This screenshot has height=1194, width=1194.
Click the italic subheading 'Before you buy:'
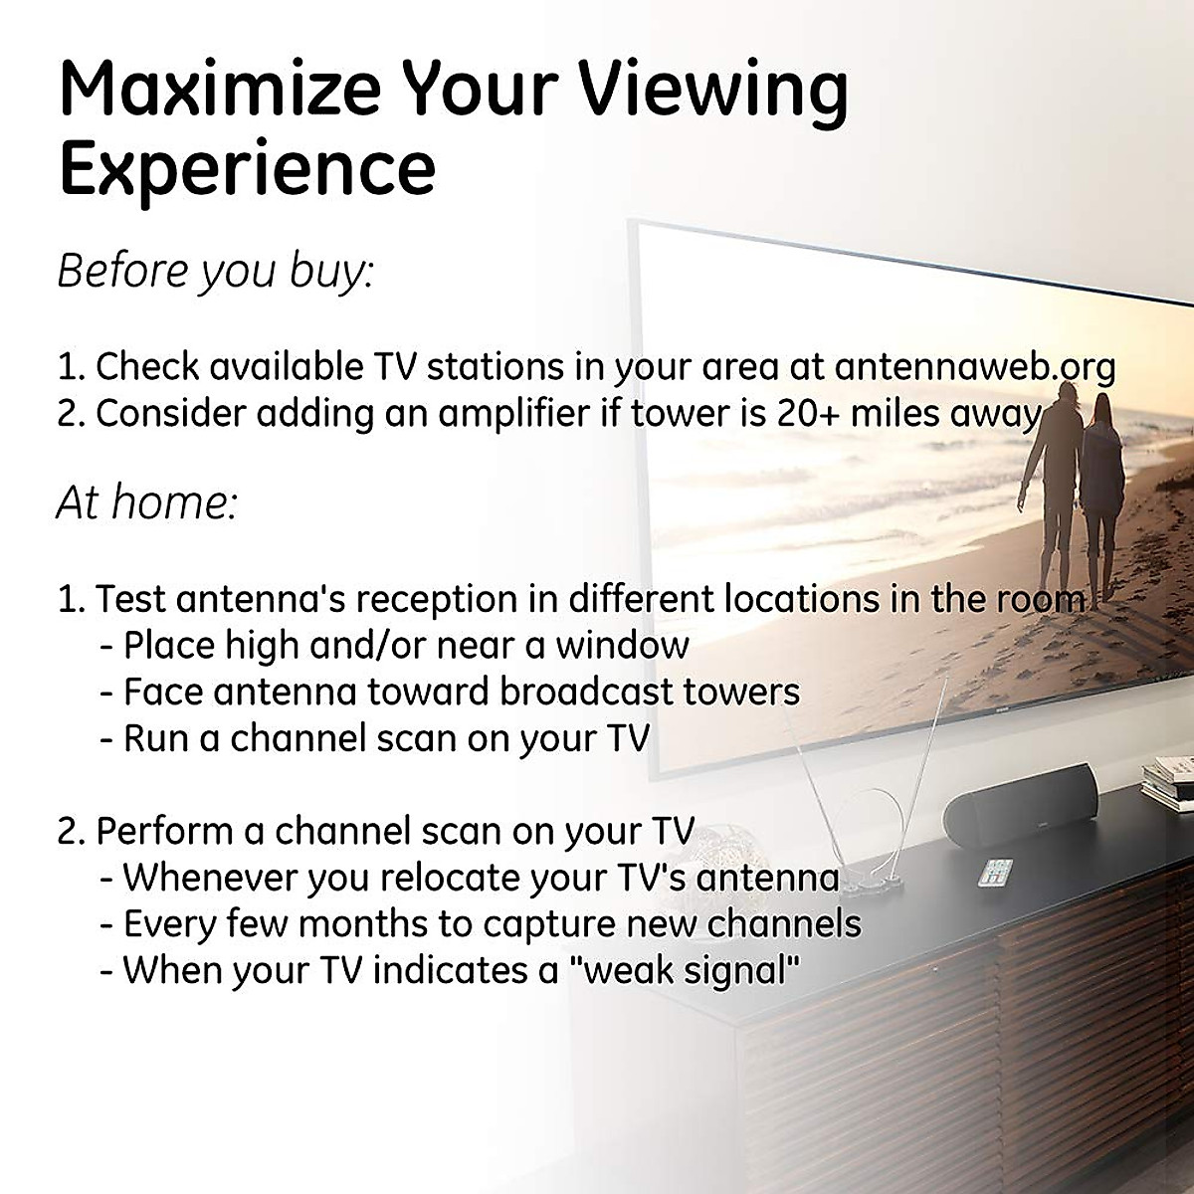pos(216,272)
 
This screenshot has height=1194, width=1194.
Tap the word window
pos(622,645)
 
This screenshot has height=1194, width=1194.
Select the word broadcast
pos(586,692)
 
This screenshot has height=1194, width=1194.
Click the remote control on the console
pos(996,872)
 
